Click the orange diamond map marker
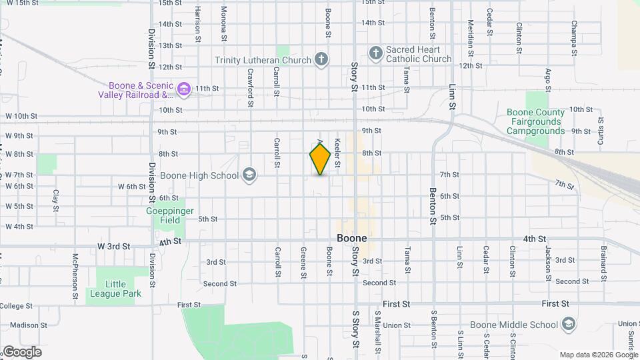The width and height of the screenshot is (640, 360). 320,159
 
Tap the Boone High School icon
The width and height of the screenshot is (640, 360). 249,175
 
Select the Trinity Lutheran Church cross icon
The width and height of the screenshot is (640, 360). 321,59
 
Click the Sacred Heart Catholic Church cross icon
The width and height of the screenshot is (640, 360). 376,53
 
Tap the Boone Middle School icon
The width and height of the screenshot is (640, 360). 568,325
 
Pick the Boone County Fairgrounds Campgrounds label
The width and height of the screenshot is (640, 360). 535,121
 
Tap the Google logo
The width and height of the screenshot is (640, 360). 21,352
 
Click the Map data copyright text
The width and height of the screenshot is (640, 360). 598,355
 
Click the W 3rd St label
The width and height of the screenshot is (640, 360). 113,246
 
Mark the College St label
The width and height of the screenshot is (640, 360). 17,306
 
